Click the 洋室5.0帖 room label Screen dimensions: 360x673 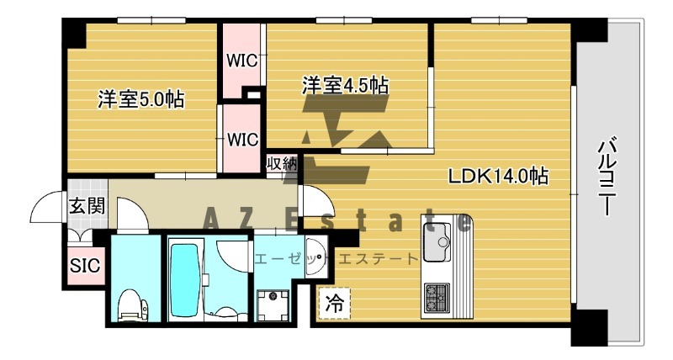pyautogui.click(x=141, y=98)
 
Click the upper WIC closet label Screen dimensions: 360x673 pyautogui.click(x=241, y=61)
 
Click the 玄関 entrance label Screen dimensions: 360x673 pyautogui.click(x=87, y=205)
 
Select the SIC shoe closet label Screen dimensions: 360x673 pyautogui.click(x=84, y=266)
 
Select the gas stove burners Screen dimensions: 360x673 pyautogui.click(x=437, y=295)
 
